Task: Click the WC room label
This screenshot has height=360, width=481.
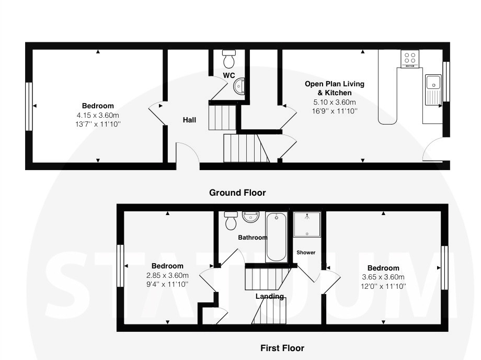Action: (x=229, y=75)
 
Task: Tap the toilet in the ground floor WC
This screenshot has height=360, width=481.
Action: (x=229, y=59)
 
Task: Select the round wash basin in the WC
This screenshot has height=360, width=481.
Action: (x=239, y=86)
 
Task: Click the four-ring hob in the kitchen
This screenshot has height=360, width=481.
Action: (x=410, y=58)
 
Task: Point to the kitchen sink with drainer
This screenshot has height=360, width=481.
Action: (x=433, y=89)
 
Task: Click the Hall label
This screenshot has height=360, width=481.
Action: (x=189, y=120)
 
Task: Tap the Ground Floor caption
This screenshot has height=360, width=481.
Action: (x=237, y=193)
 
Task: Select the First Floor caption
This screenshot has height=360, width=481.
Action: (x=282, y=348)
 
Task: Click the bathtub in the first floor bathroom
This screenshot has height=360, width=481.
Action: (x=277, y=237)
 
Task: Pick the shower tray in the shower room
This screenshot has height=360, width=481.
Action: (x=307, y=224)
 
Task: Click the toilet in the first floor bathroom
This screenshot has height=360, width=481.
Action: (x=231, y=220)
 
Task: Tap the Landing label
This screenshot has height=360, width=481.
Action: (x=270, y=297)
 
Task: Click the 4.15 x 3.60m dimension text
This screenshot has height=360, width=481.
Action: (x=98, y=116)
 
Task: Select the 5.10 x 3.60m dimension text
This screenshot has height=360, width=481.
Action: (x=335, y=102)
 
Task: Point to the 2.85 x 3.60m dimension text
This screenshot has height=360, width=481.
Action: (x=167, y=275)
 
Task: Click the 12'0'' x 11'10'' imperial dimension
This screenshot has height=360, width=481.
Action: (x=383, y=286)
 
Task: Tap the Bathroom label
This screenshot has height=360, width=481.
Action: (x=253, y=238)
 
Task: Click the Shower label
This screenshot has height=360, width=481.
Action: (x=306, y=253)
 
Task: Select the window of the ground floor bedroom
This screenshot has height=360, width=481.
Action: (x=29, y=106)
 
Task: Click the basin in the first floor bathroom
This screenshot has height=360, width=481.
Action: (x=250, y=217)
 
